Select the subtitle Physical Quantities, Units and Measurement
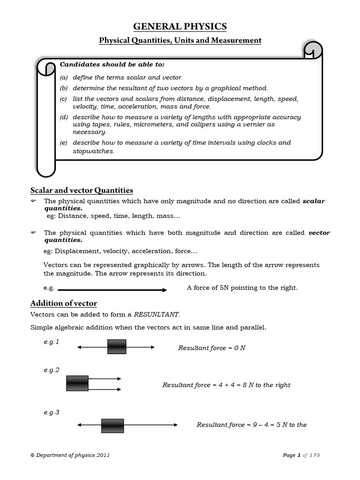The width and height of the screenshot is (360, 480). (180, 41)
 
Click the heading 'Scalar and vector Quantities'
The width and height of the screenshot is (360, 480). (82, 190)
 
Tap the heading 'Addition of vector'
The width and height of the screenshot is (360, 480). (63, 303)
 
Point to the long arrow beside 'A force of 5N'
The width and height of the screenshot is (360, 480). (112, 290)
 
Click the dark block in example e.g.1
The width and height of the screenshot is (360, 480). (117, 347)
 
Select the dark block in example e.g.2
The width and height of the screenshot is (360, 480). (77, 383)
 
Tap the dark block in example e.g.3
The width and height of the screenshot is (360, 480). (112, 426)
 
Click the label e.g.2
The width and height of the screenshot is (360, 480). (52, 370)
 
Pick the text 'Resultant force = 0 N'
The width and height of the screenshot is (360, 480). (212, 348)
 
